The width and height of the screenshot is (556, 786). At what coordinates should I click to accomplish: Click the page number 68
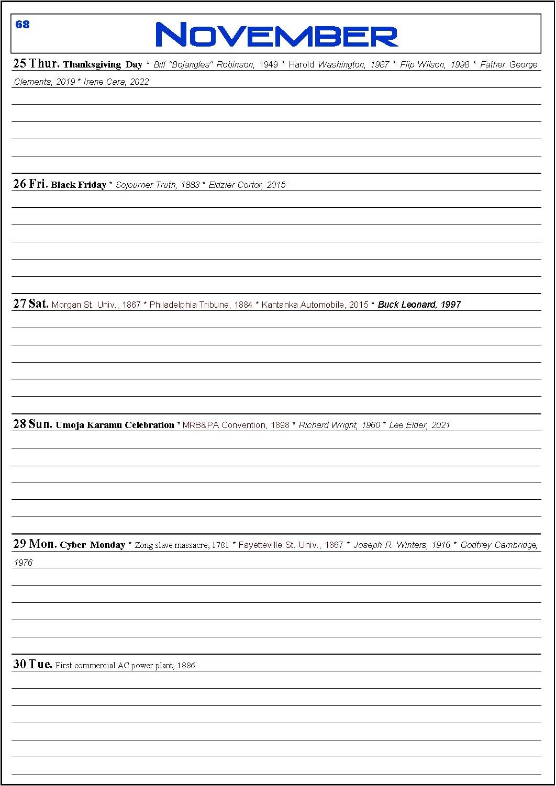click(x=23, y=25)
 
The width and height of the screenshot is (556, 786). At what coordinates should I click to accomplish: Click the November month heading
click(x=277, y=35)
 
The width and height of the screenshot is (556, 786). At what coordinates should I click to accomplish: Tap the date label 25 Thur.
click(x=36, y=64)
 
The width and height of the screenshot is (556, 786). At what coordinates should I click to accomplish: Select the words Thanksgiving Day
click(x=103, y=64)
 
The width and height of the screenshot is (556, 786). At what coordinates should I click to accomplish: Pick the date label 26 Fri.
click(x=30, y=184)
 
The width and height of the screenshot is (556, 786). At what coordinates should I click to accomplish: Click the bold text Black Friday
click(x=79, y=185)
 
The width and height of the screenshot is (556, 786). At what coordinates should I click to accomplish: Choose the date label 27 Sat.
click(x=31, y=304)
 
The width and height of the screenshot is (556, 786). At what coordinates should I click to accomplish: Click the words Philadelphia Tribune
click(x=186, y=305)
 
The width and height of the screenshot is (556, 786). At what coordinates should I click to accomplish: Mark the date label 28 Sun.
click(x=32, y=424)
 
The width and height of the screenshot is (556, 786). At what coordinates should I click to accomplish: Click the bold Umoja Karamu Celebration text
click(x=115, y=425)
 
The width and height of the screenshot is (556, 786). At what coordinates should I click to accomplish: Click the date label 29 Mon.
click(x=35, y=544)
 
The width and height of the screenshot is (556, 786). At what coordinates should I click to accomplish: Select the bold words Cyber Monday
click(x=92, y=545)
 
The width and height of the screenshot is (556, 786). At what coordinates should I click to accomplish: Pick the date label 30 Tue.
click(x=32, y=664)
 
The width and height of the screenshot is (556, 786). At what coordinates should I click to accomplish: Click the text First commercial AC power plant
click(x=114, y=666)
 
